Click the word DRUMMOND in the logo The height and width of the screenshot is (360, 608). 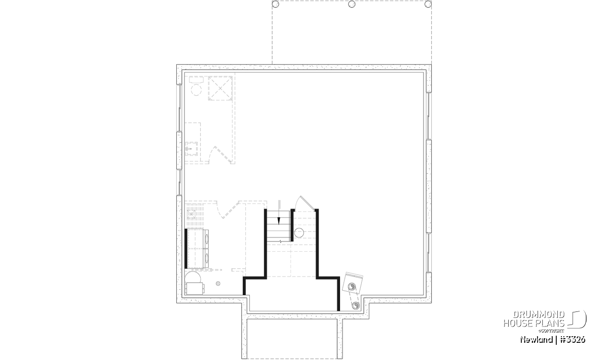[x=539, y=315]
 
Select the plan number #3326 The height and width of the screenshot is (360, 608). [x=573, y=340]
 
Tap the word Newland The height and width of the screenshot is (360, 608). [x=537, y=340]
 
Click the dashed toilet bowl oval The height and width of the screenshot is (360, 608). [x=196, y=90]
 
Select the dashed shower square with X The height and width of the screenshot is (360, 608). [x=220, y=88]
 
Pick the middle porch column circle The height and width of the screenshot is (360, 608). [x=352, y=4]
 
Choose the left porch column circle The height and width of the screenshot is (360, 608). [x=275, y=4]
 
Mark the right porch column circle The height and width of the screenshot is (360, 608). [x=428, y=4]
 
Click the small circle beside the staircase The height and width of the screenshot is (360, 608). [x=299, y=233]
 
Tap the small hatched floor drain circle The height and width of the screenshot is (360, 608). [x=218, y=284]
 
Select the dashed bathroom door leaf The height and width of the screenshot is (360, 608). [x=223, y=155]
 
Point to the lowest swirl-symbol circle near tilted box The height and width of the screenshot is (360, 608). [x=356, y=306]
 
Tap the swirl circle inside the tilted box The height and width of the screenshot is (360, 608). [x=352, y=287]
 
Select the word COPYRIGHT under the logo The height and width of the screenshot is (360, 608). [x=552, y=331]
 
